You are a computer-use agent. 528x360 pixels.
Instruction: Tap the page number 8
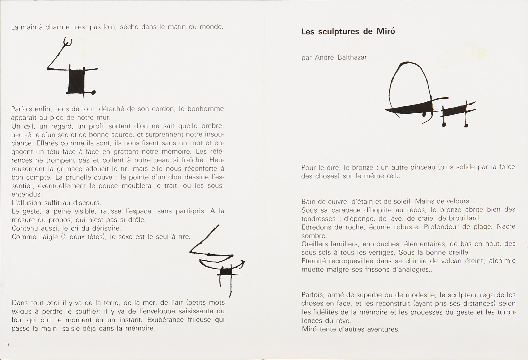click(x=8, y=345)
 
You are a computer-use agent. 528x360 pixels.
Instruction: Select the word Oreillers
click(x=315, y=244)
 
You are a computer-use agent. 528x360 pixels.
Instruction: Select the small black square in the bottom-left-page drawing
click(x=225, y=271)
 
